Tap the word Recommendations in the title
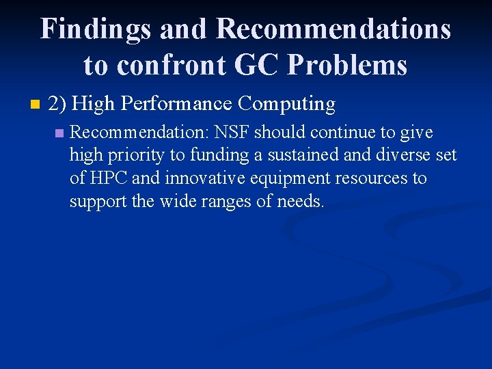coord(333,29)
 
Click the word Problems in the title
coord(348,65)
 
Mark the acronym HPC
coord(108,178)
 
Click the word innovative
coord(197,178)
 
